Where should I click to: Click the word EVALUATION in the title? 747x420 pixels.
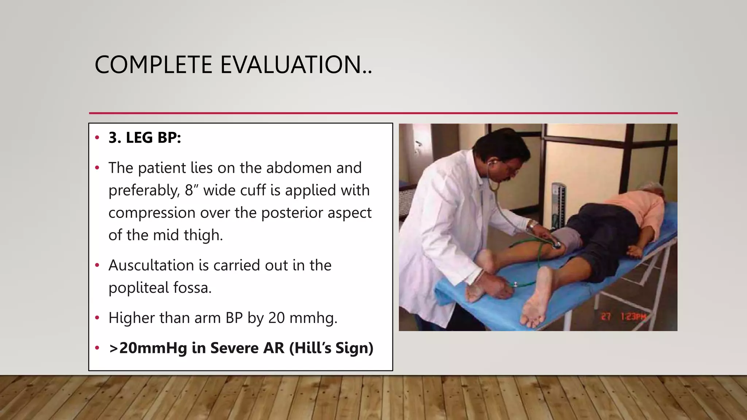pyautogui.click(x=295, y=65)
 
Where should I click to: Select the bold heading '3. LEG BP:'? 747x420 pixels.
pyautogui.click(x=145, y=138)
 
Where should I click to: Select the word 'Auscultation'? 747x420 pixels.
pyautogui.click(x=151, y=265)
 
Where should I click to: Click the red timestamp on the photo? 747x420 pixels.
pyautogui.click(x=623, y=316)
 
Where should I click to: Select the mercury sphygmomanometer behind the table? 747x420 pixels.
pyautogui.click(x=559, y=204)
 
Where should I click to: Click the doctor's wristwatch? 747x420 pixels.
pyautogui.click(x=533, y=225)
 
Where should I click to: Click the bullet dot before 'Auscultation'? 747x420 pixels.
pyautogui.click(x=97, y=265)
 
